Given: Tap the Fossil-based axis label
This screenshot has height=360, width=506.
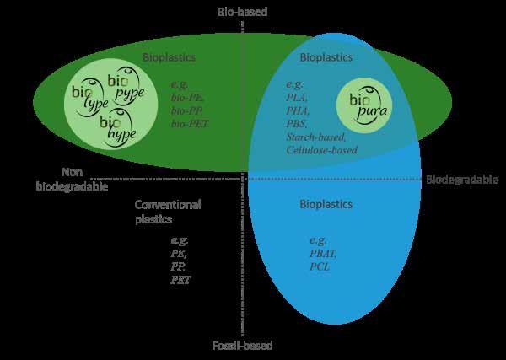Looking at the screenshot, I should [243, 346].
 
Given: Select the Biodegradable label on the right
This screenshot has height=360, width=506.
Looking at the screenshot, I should [461, 180].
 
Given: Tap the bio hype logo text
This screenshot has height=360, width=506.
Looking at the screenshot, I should [117, 127].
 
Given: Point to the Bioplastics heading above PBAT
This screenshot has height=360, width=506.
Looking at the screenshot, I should [326, 205].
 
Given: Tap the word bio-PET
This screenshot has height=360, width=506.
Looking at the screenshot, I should [189, 124].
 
